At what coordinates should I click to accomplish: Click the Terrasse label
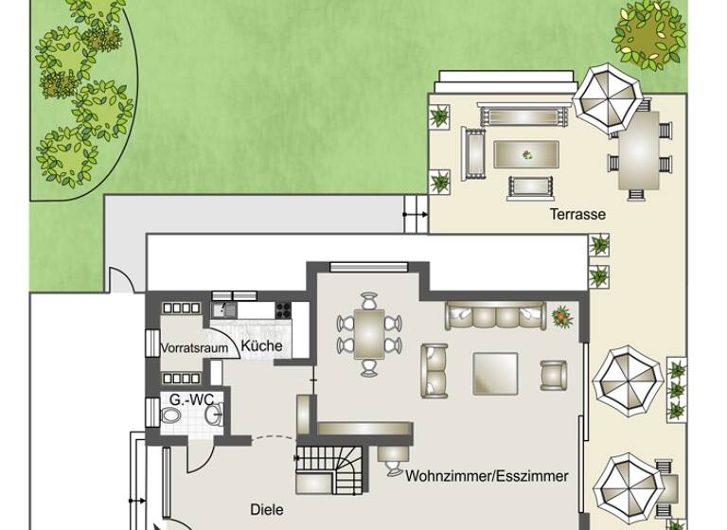tap(577, 215)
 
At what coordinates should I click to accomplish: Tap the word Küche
tap(261, 346)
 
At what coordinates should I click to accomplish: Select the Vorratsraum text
tap(194, 348)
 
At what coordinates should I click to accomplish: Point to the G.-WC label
tap(191, 400)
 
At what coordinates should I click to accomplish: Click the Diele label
tap(266, 510)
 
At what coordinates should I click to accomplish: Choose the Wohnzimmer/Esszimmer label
tap(487, 476)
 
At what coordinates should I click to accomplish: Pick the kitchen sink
tap(227, 309)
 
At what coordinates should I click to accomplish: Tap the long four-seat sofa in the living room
tap(495, 316)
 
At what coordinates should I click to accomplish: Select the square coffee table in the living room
tap(495, 373)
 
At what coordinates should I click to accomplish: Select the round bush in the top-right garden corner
tap(649, 30)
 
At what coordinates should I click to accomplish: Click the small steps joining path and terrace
tap(416, 214)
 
